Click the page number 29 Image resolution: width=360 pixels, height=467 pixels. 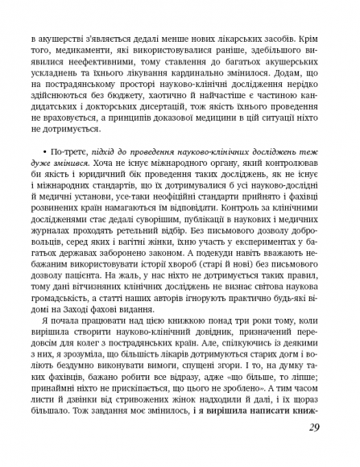[312, 428]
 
